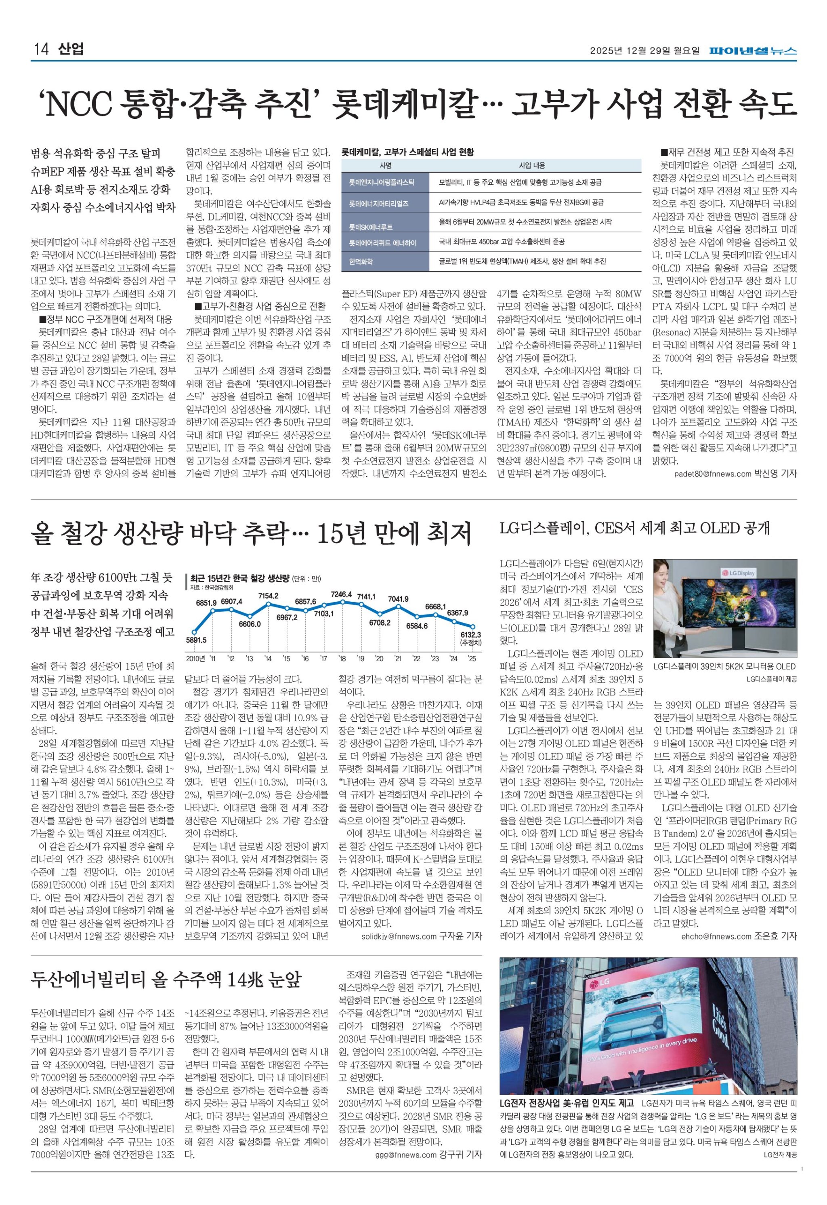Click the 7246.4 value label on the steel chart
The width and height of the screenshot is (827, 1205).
tap(342, 594)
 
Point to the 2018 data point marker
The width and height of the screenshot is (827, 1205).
tap(342, 602)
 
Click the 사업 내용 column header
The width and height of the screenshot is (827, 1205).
tap(532, 165)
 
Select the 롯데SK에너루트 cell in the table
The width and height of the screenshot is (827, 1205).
tap(371, 227)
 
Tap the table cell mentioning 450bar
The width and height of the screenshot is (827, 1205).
tap(501, 242)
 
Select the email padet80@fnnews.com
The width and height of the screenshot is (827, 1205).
tap(712, 474)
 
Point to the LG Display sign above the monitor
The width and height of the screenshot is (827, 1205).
tap(739, 573)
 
